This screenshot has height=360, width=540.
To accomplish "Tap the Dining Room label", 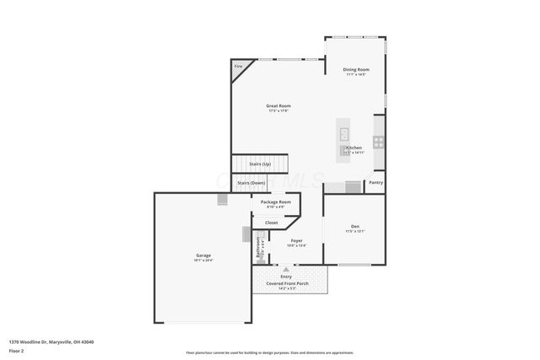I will pos(355,69).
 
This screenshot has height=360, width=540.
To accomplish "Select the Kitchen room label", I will pos(354,148).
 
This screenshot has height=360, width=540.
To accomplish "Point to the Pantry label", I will pos(375,182).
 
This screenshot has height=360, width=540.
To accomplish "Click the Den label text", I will pos(354,225).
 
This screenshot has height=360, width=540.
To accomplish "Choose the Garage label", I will pos(203,255).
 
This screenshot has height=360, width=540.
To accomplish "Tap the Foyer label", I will pos(296,241).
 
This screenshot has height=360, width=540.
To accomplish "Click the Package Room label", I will pos(275,202).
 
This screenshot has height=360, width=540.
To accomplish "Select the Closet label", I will pos(271,223).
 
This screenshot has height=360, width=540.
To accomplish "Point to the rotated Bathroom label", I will pos(258,246).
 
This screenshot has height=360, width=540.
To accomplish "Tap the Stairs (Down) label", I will pos(251,182).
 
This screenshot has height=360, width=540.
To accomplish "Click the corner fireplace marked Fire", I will pos(239,67).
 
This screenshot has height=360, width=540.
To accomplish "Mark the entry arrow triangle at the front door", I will pos(286,270).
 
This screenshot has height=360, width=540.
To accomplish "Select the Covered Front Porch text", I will pos(287,283).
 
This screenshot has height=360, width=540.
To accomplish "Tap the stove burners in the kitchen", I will pos(379,142).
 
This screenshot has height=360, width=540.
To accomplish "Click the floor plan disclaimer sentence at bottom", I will pos(269,352).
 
